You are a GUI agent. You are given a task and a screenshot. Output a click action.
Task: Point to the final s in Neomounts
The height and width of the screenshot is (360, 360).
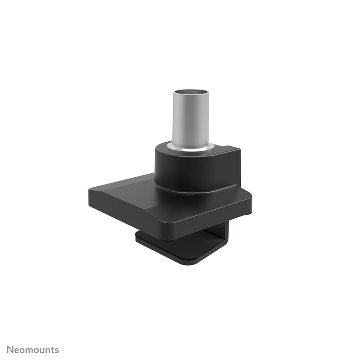(x=57, y=350)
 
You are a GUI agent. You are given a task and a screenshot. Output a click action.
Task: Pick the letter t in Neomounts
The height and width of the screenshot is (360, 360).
(x=53, y=350)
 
